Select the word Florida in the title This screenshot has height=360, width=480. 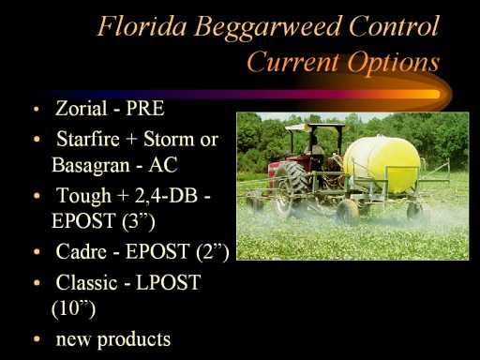tap(142, 25)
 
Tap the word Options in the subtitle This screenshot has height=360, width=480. tap(394, 63)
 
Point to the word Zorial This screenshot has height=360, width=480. tap(82, 108)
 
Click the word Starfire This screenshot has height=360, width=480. tap(88, 139)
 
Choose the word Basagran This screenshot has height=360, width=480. tap(91, 165)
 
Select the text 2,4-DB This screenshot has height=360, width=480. tap(166, 196)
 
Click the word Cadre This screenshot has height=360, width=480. tap(81, 251)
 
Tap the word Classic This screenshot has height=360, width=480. tap(86, 282)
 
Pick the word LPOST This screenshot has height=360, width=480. tap(168, 282)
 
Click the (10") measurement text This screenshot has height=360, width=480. tap(73, 308)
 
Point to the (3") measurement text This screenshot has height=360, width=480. tap(138, 221)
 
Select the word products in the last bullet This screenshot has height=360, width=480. tap(134, 339)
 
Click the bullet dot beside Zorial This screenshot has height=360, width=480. tap(37, 110)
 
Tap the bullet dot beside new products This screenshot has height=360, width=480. tap(37, 338)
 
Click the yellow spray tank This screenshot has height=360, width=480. tap(382, 163)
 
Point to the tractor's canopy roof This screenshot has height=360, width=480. tap(315, 126)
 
